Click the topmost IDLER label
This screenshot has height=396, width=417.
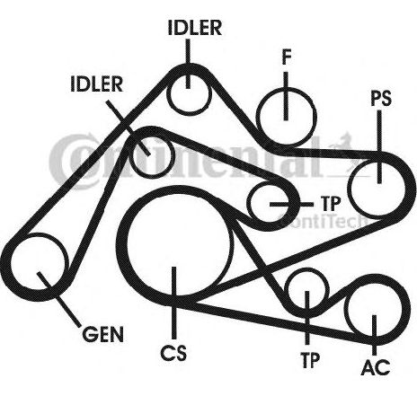pos(195,28)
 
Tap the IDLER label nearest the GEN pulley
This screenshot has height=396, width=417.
pos(97,84)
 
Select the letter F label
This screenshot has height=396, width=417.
pos(287,57)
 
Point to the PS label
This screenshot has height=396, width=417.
pos(381,98)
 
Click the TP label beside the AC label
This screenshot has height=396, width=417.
pos(310,360)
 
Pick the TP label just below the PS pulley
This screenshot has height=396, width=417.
pos(331,204)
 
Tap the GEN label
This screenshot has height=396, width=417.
pos(102,334)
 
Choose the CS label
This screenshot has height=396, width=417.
pos(173,353)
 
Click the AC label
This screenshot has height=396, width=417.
pos(376,367)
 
